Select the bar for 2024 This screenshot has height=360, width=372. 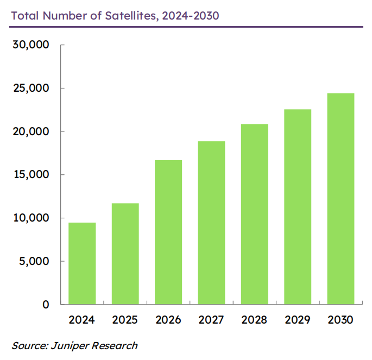click(82, 263)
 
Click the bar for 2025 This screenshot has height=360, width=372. click(125, 254)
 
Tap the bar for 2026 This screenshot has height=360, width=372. click(168, 232)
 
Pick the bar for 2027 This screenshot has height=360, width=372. click(211, 223)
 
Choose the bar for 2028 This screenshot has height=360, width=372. click(254, 214)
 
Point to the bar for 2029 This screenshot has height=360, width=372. click(298, 207)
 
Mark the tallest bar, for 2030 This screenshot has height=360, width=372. click(341, 199)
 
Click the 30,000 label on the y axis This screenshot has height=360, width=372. click(30, 45)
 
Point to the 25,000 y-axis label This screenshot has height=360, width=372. click(30, 88)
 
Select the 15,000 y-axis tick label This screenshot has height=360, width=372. click(30, 175)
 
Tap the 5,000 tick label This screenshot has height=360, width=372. click(33, 261)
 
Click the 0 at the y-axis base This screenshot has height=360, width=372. click(46, 305)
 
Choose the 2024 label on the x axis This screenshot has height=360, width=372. click(82, 320)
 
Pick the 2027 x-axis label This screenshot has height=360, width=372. click(211, 320)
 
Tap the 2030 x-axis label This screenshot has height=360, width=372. click(341, 320)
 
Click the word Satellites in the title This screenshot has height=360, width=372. click(130, 15)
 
